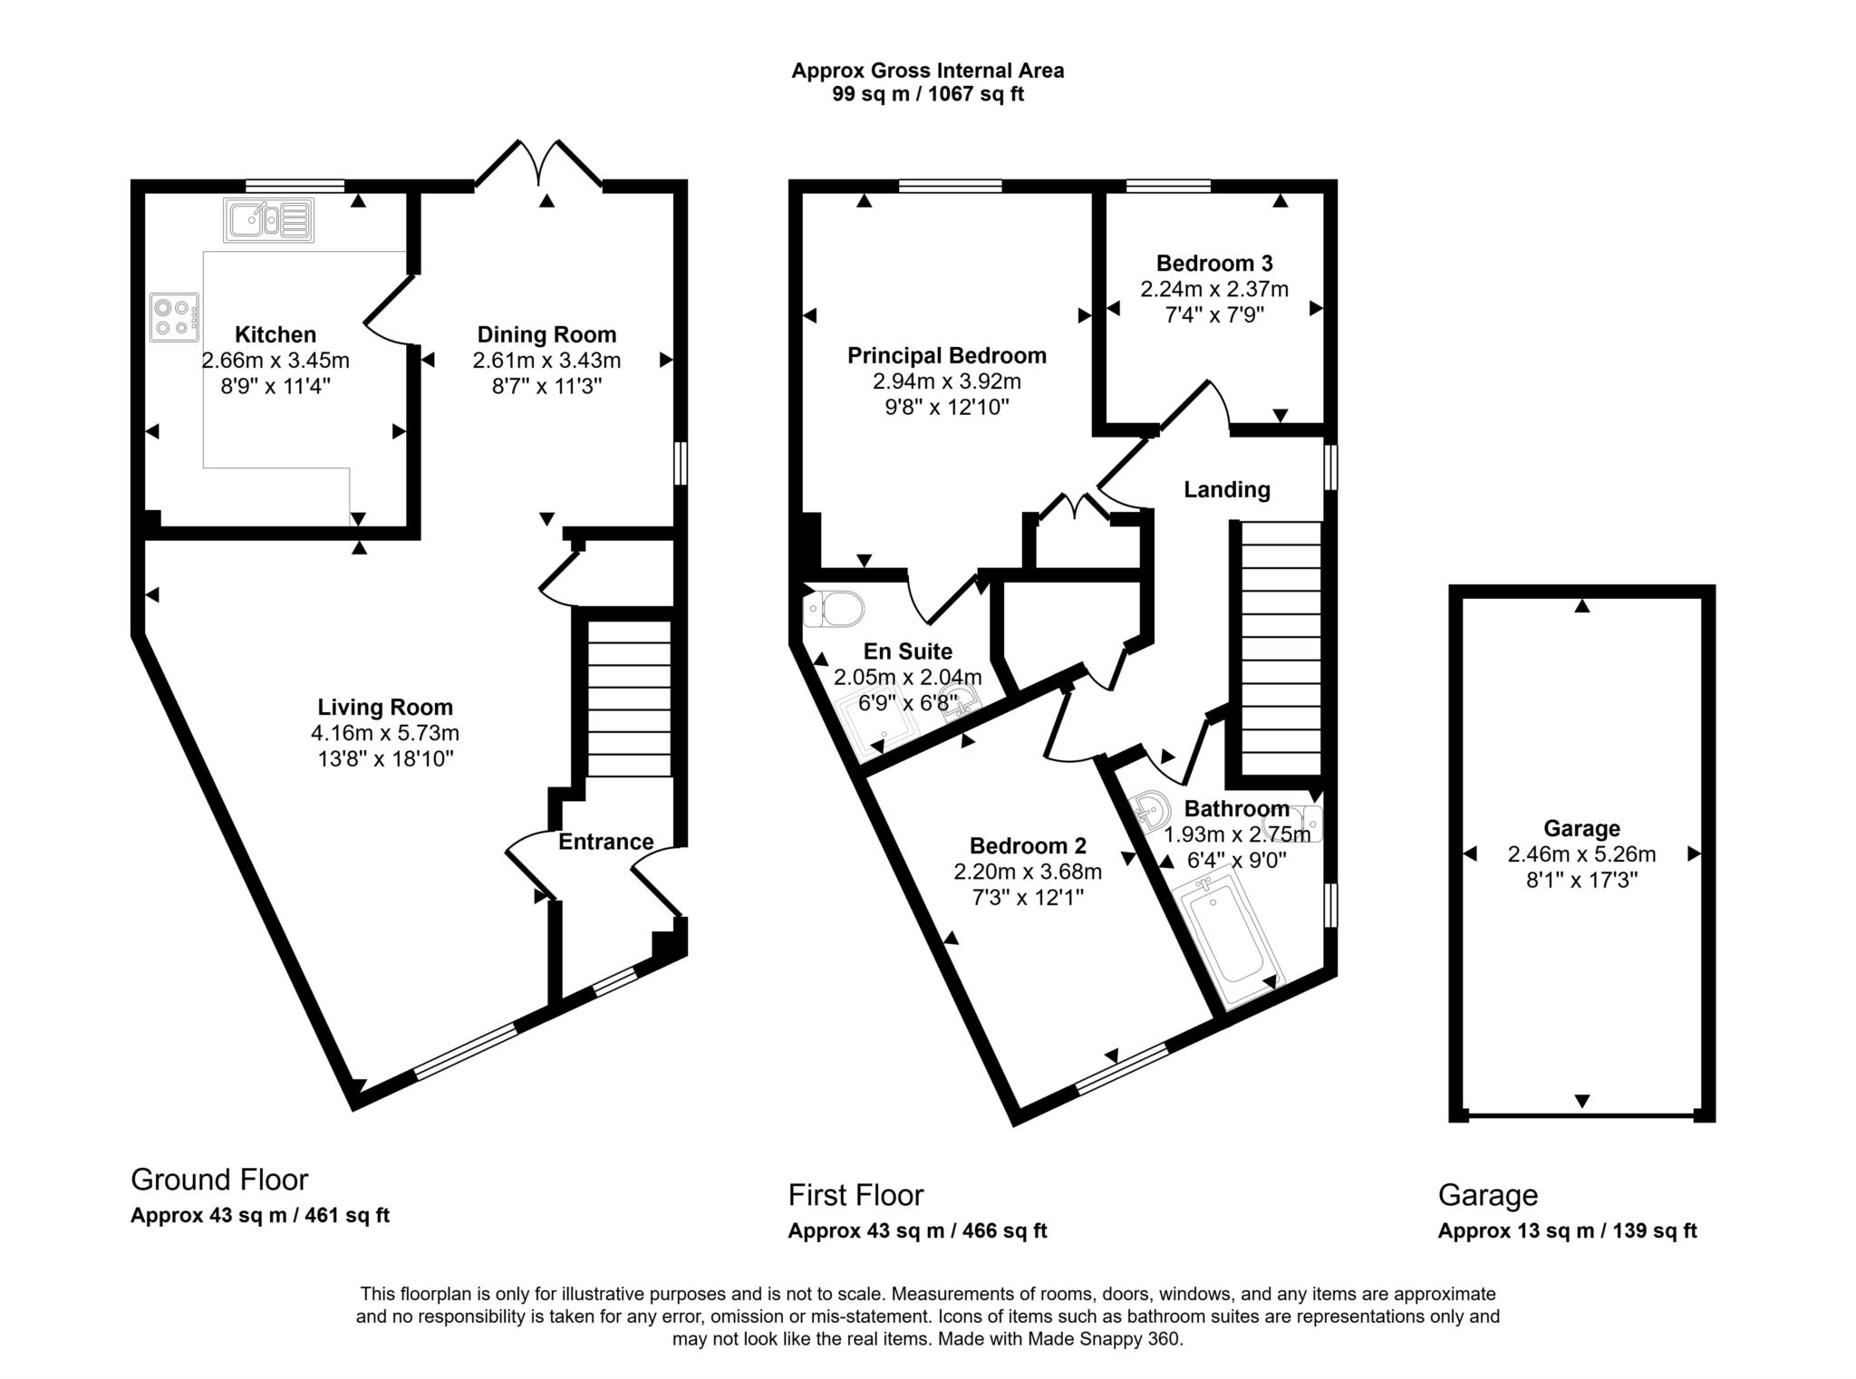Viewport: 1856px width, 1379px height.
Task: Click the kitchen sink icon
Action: tap(268, 220)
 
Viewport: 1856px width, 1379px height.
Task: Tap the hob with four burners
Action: tap(175, 318)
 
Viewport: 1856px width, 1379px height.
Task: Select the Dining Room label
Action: tap(546, 334)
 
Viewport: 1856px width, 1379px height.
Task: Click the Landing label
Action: tap(1226, 490)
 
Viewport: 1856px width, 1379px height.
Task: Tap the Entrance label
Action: tap(605, 842)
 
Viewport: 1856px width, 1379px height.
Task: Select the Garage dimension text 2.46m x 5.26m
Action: tap(1581, 853)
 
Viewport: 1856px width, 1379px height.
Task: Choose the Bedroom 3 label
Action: tap(1213, 264)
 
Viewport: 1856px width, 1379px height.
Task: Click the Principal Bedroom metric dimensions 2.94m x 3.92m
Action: tap(946, 381)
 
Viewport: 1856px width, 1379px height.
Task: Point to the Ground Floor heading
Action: tap(219, 1180)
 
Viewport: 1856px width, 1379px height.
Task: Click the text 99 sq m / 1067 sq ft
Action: tap(927, 94)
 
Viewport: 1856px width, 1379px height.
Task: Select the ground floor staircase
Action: tap(629, 698)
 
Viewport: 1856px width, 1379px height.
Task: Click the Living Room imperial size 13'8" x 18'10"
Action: tap(384, 758)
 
